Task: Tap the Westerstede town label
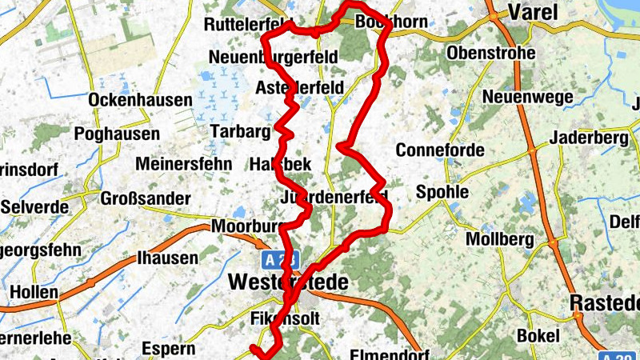tap(288, 283)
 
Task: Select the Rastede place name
tap(605, 303)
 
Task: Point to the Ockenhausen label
tap(141, 100)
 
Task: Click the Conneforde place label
tap(440, 150)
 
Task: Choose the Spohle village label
tap(442, 193)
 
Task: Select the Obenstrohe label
tap(492, 53)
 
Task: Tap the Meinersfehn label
tap(184, 164)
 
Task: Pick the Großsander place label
tap(146, 198)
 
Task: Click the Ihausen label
tap(167, 258)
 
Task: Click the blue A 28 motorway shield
tap(274, 259)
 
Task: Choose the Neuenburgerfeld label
tap(273, 57)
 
